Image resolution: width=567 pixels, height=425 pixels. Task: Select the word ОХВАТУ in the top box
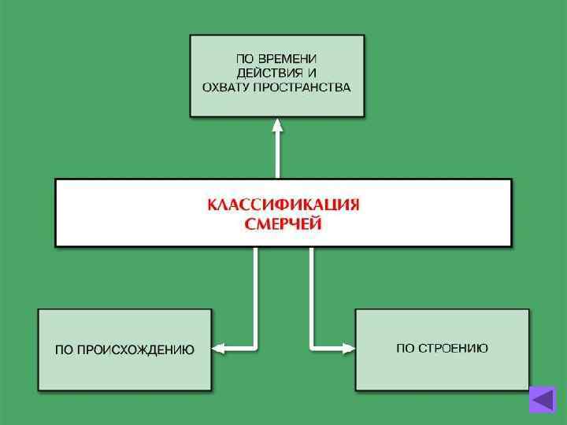(x=226, y=87)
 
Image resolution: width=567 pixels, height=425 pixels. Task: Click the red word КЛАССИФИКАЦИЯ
(x=283, y=205)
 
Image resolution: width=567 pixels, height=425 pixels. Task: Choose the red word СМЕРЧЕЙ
(x=283, y=224)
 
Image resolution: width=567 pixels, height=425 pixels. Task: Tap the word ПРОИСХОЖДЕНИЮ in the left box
(x=135, y=349)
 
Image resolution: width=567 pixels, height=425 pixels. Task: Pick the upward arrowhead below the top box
(x=277, y=124)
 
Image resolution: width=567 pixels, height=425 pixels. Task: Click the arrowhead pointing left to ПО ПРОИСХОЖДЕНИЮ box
(x=220, y=347)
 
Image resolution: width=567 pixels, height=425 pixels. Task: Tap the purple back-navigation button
(x=543, y=400)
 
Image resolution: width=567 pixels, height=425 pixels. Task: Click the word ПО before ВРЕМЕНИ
(x=246, y=59)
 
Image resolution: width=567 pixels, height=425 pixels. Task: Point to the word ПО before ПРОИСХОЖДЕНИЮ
(x=64, y=349)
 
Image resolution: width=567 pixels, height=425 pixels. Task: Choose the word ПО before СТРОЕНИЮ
(x=405, y=348)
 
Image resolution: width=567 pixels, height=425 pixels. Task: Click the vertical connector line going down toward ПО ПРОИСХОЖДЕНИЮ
(x=255, y=295)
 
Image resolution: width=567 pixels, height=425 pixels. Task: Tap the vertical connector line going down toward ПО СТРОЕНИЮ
(x=312, y=295)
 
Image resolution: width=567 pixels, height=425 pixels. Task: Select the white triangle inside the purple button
(x=542, y=400)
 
